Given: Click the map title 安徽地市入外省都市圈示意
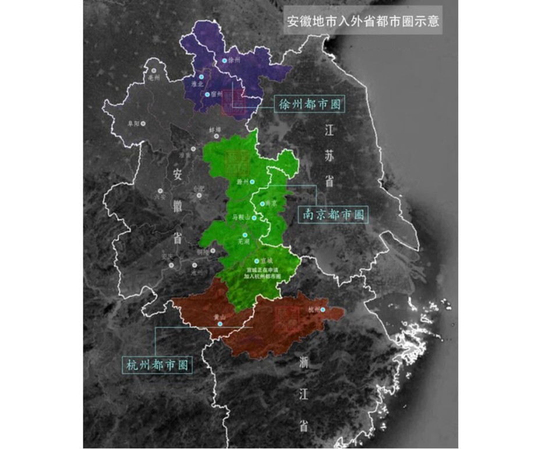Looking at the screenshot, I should (x=362, y=22).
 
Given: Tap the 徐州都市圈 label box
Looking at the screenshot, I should (x=309, y=105).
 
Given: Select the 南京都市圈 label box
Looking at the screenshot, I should (x=334, y=214).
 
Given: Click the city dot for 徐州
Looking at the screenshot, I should (x=224, y=61).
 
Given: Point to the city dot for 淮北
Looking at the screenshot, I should (x=201, y=76).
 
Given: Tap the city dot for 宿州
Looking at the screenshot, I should (x=207, y=94).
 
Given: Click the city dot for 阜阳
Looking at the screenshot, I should (x=143, y=123).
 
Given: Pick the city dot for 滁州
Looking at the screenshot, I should (x=252, y=182).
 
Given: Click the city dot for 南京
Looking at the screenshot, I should (x=262, y=204).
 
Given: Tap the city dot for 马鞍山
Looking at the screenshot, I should (x=254, y=217).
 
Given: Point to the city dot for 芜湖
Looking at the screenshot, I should (x=245, y=234).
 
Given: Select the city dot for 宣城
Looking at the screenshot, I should (x=257, y=260).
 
